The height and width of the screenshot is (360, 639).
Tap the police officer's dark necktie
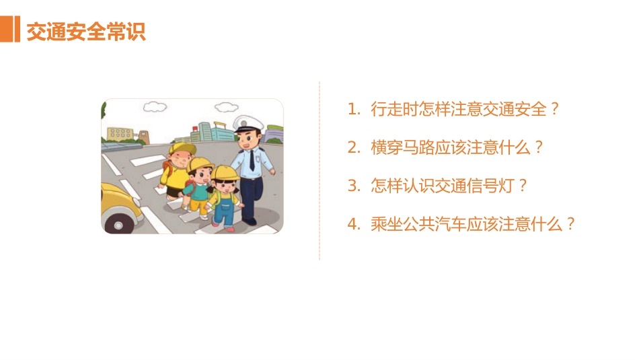tap(252, 160)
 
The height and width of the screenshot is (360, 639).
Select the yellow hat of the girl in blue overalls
tap(225, 173)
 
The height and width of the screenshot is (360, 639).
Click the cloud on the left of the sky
tap(155, 106)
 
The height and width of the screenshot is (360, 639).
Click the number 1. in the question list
tap(354, 110)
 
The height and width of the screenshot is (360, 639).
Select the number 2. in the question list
tap(354, 148)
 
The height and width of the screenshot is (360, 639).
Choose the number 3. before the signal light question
tap(354, 186)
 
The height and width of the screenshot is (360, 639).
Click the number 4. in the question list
tap(354, 225)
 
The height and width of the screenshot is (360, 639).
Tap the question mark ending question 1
tap(555, 110)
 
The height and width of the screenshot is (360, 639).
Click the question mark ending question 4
tap(571, 225)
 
